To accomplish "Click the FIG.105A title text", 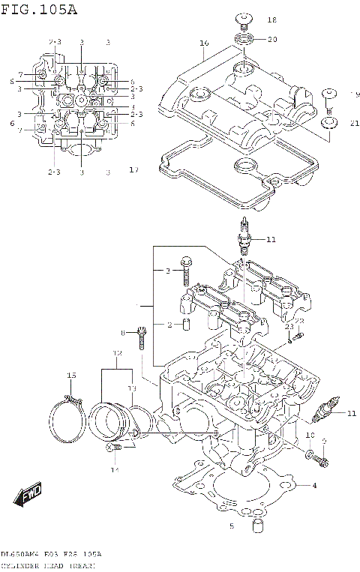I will pos(39,9).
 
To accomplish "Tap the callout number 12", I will pos(117,352).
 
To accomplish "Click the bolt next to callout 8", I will pos(140,340).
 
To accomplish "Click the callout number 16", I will pos(203,43).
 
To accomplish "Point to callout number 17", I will pos(133,170).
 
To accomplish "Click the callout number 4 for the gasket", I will pos(315,486).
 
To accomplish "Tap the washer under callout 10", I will pos(310,454).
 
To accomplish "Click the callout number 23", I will pos(288,328).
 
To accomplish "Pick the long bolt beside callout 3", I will pos(185,273).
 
